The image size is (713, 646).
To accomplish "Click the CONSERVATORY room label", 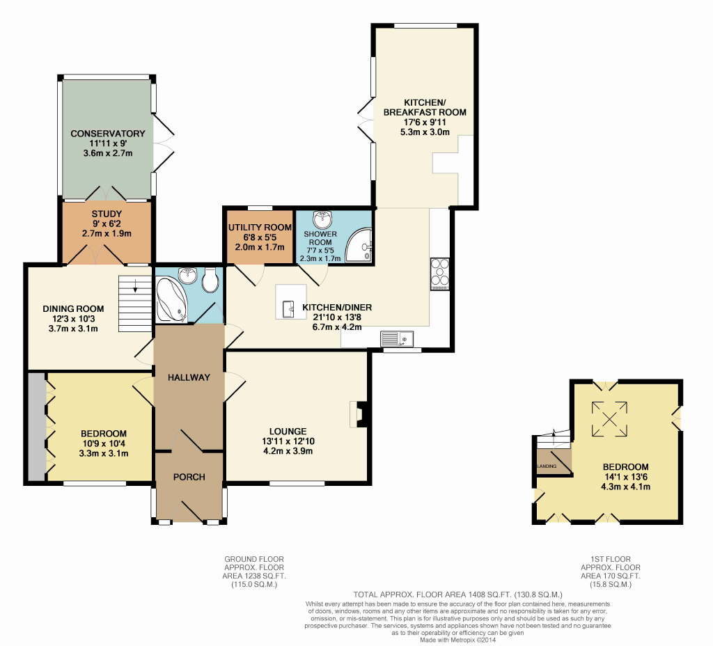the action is [x=108, y=133].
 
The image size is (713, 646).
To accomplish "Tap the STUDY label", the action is [x=107, y=214].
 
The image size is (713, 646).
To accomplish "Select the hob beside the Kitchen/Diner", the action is [x=440, y=274].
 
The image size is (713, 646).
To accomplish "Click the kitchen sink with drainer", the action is [x=397, y=339].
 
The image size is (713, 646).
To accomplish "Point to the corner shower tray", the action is [x=359, y=246].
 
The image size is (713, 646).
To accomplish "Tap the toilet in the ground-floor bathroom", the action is [x=211, y=280].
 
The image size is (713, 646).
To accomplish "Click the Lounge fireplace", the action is [x=359, y=413].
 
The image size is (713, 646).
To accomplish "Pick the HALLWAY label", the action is [x=189, y=377].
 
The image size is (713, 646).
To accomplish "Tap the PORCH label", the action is [x=189, y=477].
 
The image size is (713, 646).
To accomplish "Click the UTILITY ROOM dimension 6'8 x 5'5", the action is [x=260, y=237].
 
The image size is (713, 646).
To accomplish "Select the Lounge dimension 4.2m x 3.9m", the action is [x=288, y=451].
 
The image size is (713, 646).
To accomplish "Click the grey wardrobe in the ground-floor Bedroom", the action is [x=37, y=427].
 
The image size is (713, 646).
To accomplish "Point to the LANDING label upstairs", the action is [x=547, y=466].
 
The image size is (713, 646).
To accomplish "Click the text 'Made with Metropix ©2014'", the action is [x=457, y=639].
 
